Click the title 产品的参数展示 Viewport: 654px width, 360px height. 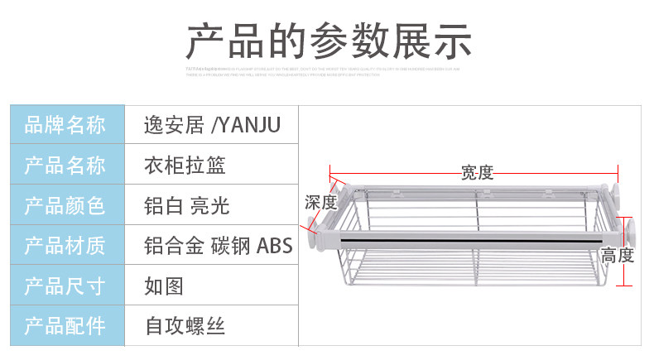tap(328, 39)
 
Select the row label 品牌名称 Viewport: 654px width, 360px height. tap(65, 125)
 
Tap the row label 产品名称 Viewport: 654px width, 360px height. tap(65, 165)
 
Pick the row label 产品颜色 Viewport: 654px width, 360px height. tap(65, 205)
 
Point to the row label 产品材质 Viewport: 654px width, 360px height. tap(65, 246)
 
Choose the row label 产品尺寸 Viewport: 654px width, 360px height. tap(65, 286)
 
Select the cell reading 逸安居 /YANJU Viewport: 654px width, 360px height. tap(212, 125)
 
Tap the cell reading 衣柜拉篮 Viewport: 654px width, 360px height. tap(185, 165)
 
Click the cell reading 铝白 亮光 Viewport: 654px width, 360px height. tap(186, 205)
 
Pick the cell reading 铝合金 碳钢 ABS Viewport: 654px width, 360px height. tap(218, 246)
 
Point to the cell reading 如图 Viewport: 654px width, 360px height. tap(164, 286)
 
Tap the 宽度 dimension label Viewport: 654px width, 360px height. tap(477, 172)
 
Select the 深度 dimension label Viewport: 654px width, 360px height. tap(320, 202)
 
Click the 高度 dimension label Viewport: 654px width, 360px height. tap(618, 256)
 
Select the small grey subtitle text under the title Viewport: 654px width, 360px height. tap(328, 70)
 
